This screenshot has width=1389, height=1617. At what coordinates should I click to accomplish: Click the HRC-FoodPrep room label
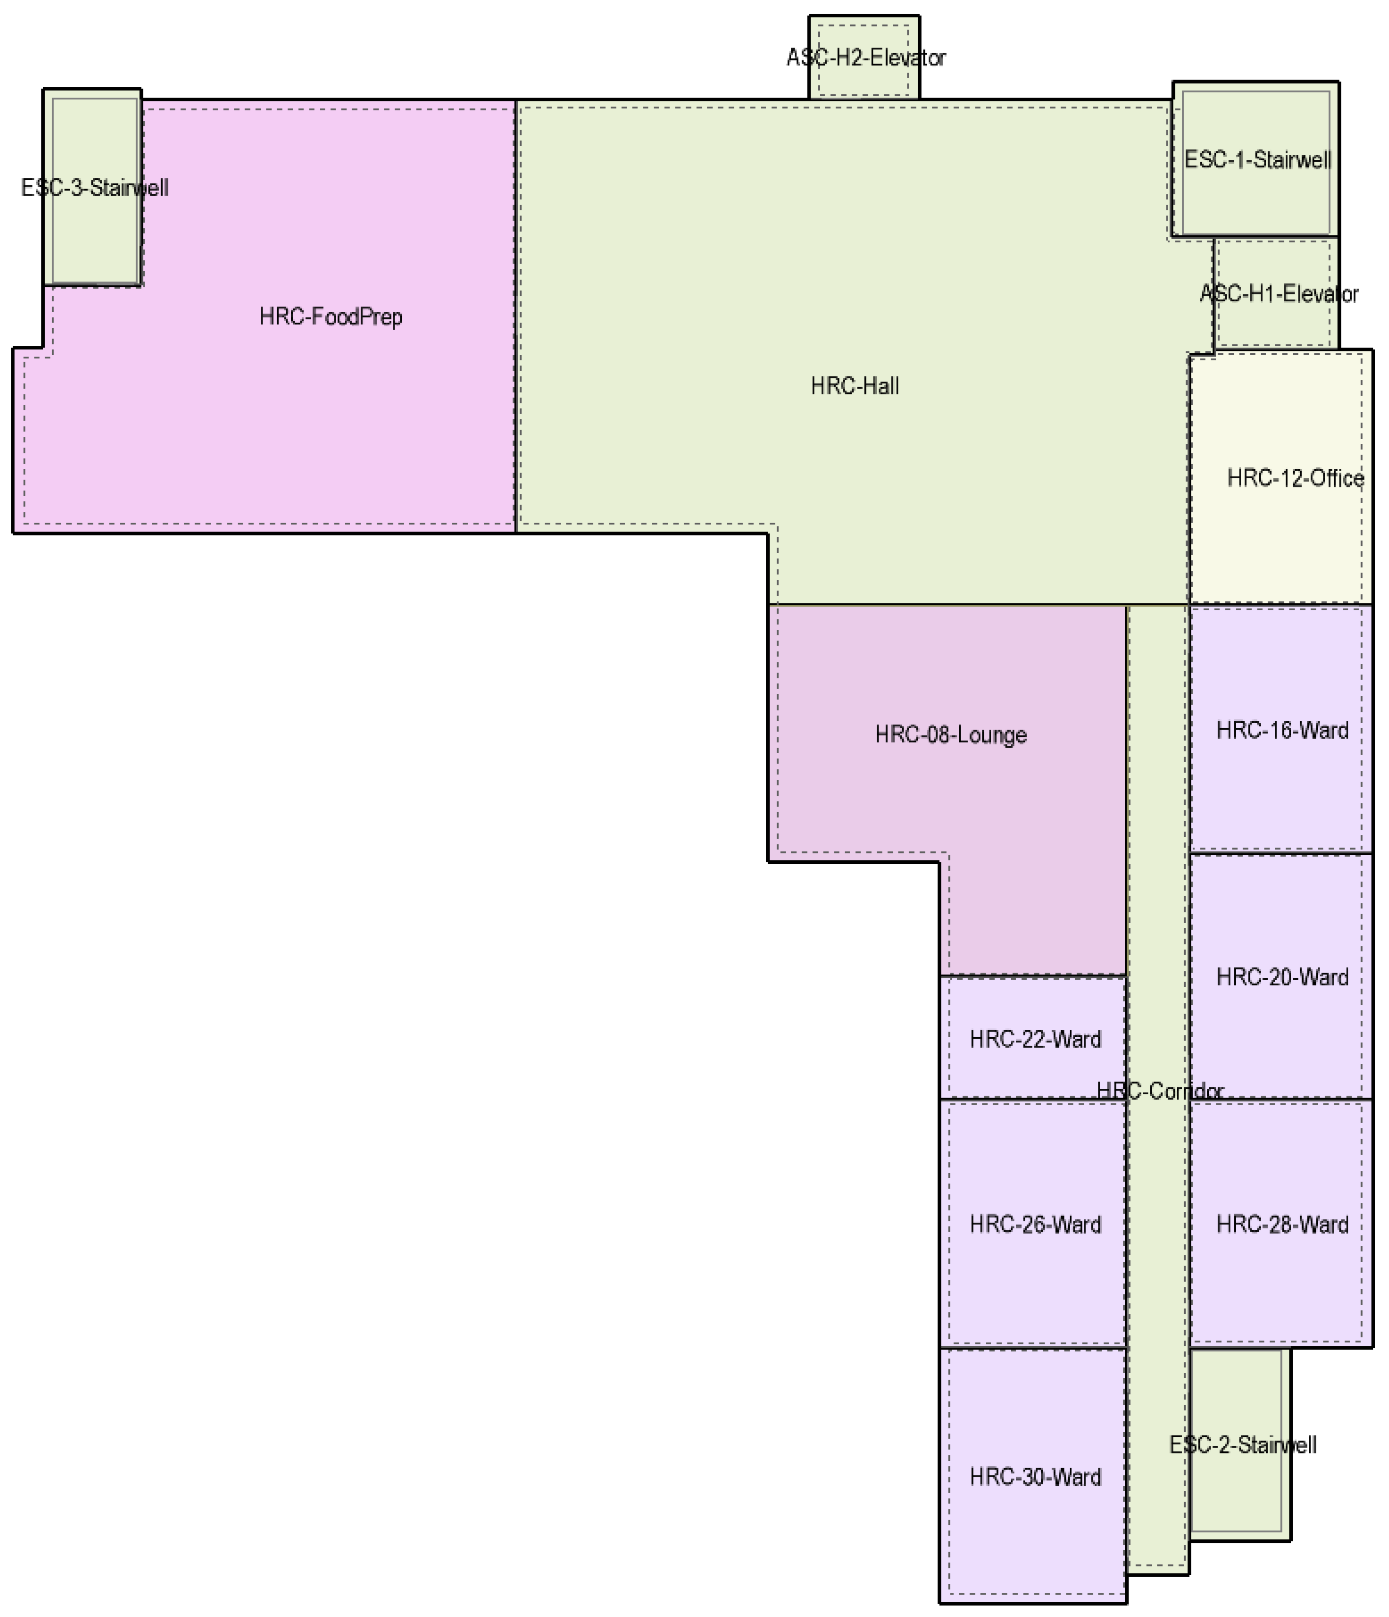[x=331, y=317]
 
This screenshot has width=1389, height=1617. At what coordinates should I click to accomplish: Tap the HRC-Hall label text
[x=855, y=386]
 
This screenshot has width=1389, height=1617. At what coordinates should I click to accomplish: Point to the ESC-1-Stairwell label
[x=1257, y=160]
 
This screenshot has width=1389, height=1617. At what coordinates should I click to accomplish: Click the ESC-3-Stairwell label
[x=94, y=188]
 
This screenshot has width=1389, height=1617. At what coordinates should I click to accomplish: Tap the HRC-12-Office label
[x=1295, y=479]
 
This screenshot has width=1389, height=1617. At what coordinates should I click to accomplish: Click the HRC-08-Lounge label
[x=950, y=735]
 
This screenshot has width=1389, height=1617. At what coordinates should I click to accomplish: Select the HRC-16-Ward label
[x=1282, y=731]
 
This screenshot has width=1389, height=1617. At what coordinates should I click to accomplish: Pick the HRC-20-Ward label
[x=1282, y=977]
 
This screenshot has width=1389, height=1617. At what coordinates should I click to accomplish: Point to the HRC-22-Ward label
[x=1035, y=1040]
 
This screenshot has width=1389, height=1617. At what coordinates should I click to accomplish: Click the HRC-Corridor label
[x=1160, y=1091]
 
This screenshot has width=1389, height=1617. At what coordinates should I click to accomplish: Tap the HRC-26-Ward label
[x=1035, y=1224]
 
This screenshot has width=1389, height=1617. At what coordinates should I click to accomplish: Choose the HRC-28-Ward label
[x=1282, y=1224]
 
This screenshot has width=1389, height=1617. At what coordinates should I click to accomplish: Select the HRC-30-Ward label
[x=1035, y=1477]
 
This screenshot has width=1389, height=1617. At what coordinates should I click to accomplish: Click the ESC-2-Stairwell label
[x=1242, y=1446]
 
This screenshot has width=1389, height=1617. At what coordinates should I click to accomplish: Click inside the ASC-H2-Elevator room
[x=864, y=82]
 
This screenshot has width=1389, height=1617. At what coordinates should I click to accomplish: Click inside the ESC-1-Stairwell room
[x=1256, y=203]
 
